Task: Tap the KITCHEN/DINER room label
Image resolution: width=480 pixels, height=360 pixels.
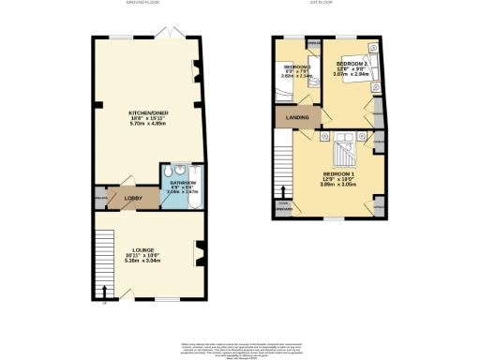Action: [x=145, y=114]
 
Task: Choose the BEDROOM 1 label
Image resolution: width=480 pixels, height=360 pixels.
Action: [x=338, y=174]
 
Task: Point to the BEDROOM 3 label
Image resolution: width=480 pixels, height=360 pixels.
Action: [x=297, y=68]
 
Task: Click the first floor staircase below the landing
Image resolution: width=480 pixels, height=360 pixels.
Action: [x=282, y=164]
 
